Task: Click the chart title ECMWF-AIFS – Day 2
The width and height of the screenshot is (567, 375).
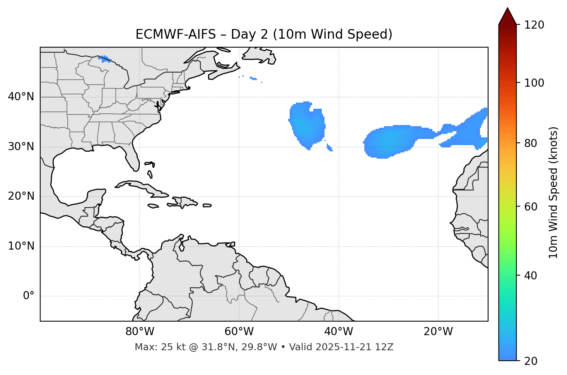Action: (x=264, y=34)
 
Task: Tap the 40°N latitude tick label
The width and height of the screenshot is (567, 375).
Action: (x=21, y=97)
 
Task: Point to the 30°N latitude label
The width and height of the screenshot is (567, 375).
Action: (x=21, y=147)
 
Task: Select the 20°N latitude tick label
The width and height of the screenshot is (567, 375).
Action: (x=21, y=197)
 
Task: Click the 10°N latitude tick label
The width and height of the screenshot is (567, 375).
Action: (x=21, y=246)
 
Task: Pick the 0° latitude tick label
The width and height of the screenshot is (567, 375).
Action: (x=29, y=296)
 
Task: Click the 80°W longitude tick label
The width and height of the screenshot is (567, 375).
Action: (x=140, y=332)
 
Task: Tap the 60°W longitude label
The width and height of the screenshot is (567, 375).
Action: (x=239, y=332)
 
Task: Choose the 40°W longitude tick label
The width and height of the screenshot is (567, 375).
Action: (x=338, y=332)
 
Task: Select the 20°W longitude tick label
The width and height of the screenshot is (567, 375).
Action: (x=438, y=332)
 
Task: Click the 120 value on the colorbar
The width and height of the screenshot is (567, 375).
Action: (x=534, y=25)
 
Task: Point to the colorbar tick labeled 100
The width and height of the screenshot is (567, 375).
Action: (x=534, y=83)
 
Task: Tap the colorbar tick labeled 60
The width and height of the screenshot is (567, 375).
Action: (x=531, y=207)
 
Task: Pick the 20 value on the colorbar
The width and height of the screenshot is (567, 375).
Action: (x=531, y=361)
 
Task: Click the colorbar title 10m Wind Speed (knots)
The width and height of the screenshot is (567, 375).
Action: (x=553, y=193)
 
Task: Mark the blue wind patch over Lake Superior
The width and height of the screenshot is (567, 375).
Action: (x=104, y=59)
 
